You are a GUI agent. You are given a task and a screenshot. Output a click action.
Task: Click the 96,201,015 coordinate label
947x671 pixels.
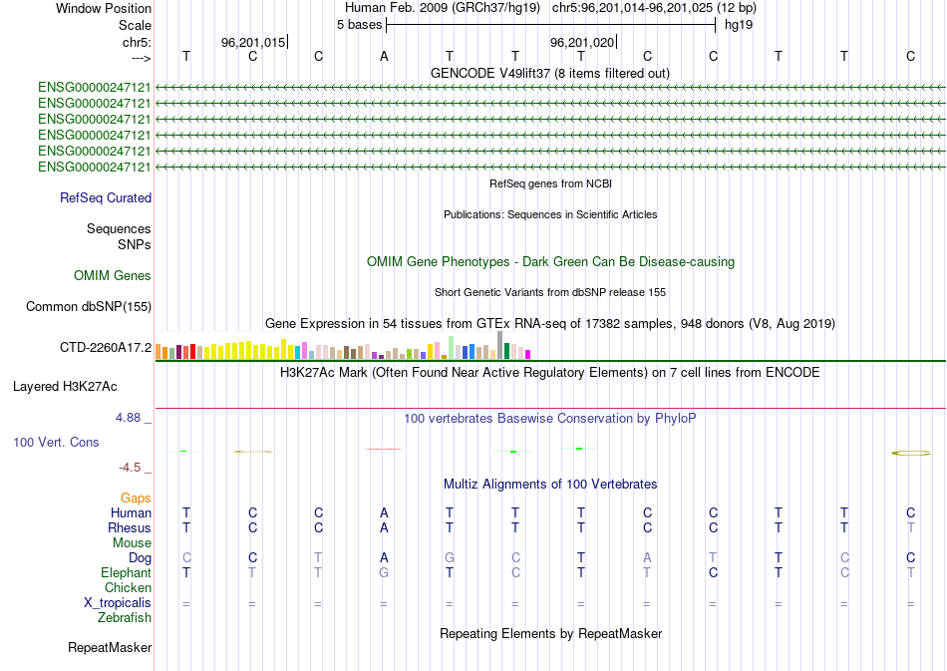click(x=253, y=42)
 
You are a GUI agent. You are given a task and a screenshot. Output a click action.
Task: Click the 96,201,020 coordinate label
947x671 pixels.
click(x=582, y=42)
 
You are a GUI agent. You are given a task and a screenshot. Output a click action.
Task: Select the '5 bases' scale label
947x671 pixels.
click(x=359, y=24)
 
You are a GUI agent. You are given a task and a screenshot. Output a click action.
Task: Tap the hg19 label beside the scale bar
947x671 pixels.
click(x=738, y=24)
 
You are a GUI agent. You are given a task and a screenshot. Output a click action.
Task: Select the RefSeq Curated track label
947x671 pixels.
click(x=106, y=197)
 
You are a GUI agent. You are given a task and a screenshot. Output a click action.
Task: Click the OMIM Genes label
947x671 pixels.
click(x=113, y=275)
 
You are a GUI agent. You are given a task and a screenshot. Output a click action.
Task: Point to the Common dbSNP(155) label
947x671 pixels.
click(x=89, y=307)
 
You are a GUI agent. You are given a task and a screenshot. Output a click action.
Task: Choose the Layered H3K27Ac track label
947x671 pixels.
click(x=79, y=385)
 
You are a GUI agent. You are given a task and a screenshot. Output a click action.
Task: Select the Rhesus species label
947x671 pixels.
click(x=131, y=527)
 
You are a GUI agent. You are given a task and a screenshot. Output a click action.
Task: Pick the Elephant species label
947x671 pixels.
click(x=127, y=573)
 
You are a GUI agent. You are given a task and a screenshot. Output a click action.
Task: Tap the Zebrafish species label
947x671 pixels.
click(x=125, y=618)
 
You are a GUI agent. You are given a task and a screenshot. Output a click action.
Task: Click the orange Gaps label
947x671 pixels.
click(x=136, y=498)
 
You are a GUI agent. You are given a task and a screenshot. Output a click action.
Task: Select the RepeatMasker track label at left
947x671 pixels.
click(x=110, y=648)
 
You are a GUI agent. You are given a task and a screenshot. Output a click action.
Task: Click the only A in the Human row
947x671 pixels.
click(x=384, y=512)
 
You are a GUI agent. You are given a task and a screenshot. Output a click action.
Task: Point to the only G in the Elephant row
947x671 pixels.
click(x=384, y=573)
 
